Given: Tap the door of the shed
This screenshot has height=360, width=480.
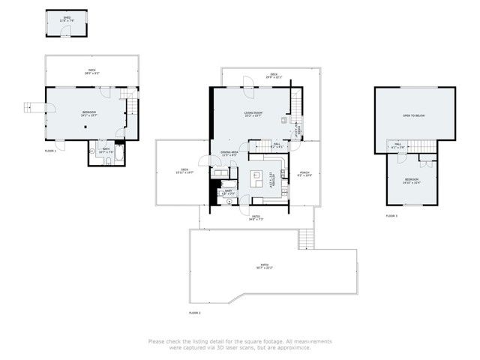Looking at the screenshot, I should pos(65,31).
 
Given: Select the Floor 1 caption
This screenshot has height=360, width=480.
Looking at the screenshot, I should pos(50,151).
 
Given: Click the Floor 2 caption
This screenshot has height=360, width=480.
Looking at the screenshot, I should pos(195,312).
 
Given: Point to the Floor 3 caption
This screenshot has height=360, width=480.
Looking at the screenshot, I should pos(391,215).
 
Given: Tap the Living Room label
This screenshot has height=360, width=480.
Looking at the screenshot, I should pos(252,114).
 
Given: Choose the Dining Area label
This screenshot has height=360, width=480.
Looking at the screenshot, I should pos(229,154).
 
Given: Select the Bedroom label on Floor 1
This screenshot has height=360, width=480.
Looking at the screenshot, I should pos(89,113).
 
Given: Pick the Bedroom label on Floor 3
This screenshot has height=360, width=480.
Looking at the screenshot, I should pos(412,180).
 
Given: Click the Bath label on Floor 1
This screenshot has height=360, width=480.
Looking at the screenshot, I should pos(106,149).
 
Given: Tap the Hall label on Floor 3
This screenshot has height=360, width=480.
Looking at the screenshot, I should pos(398,145).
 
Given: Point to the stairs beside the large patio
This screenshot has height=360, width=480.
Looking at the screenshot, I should pos(304,239).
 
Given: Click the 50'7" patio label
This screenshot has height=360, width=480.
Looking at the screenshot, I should pos(265,266).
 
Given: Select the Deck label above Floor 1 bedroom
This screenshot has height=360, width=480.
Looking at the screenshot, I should pos(91,71).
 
